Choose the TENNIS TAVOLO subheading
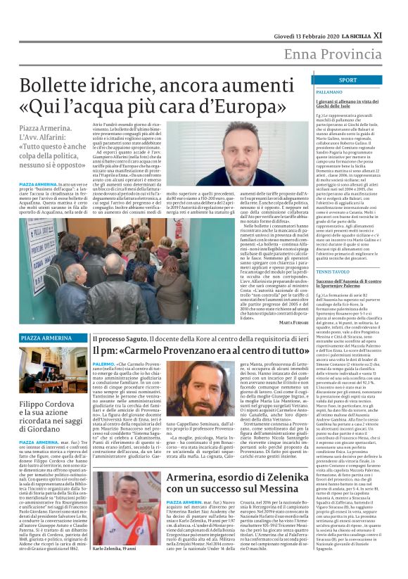click(x=335, y=271)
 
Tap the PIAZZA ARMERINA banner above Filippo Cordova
click(x=46, y=338)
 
